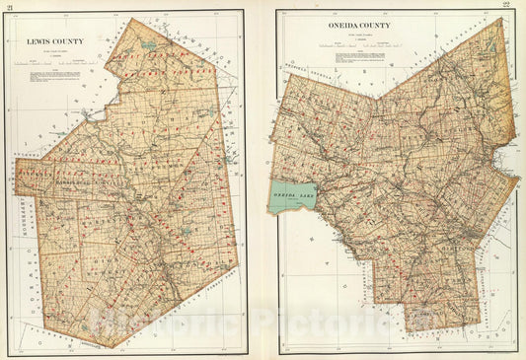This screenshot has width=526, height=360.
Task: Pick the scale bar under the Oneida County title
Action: tap(330, 46)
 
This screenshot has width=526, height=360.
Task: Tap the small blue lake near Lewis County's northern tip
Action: tap(147, 45)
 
